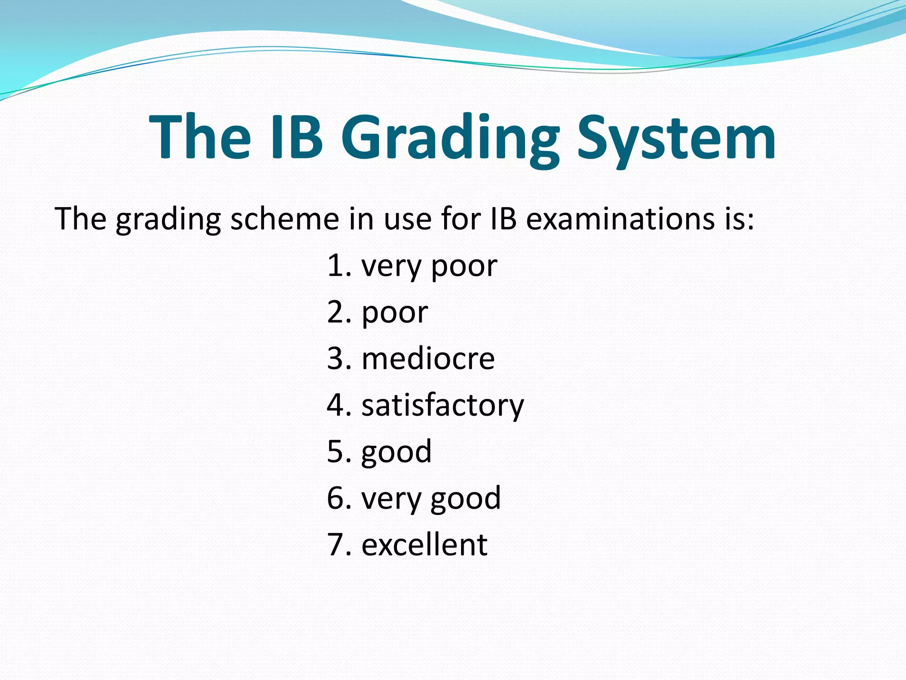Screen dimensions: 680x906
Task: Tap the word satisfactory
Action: point(442,405)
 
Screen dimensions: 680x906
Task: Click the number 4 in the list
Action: point(335,405)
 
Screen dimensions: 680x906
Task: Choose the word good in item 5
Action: point(396,452)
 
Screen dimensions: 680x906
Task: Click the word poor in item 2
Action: point(395,313)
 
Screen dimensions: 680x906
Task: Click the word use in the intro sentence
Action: point(407,220)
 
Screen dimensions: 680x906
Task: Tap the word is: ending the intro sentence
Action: point(739,219)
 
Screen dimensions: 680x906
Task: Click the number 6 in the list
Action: point(335,498)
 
